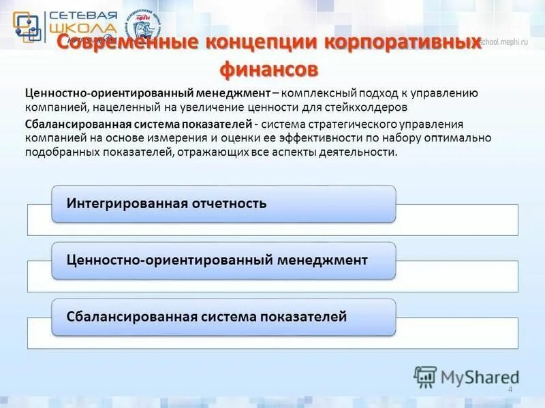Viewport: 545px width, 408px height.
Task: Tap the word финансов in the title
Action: [268, 69]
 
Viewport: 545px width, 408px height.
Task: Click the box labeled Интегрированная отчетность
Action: [223, 203]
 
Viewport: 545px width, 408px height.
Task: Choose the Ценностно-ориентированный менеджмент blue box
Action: [223, 260]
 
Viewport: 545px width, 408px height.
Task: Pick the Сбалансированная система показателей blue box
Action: [223, 317]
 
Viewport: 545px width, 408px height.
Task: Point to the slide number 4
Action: [510, 388]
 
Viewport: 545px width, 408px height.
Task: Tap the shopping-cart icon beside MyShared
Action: [425, 376]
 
